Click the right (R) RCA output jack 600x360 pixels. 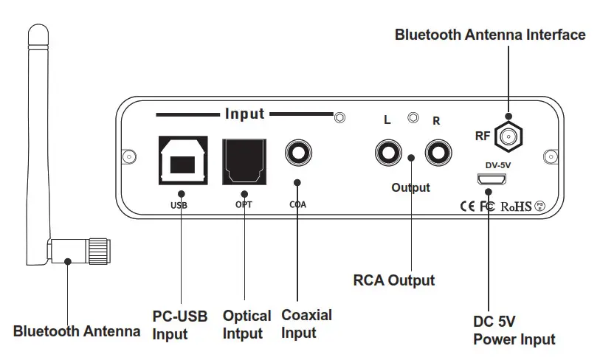435,154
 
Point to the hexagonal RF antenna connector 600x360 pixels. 508,135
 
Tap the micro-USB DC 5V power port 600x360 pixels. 488,179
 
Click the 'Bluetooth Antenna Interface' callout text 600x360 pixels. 490,35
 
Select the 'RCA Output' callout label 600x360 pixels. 393,280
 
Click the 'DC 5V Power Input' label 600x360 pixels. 514,331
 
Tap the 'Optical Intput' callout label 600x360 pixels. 246,325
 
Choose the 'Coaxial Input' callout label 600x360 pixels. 306,324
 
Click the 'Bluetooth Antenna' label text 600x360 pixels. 77,331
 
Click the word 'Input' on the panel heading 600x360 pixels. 244,114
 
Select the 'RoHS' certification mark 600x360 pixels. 516,207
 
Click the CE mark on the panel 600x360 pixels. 467,207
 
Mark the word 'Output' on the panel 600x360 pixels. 410,187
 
